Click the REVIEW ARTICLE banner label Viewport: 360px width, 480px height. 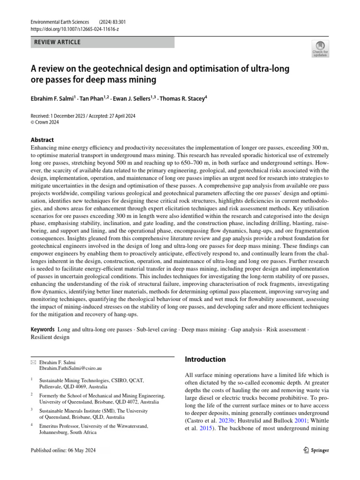click(x=58, y=42)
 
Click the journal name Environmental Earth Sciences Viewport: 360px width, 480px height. click(x=60, y=22)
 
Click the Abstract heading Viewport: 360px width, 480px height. click(x=42, y=140)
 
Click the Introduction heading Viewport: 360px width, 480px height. click(x=205, y=360)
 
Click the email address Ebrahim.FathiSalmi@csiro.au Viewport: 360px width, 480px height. click(x=72, y=369)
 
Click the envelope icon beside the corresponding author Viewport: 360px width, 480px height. click(x=33, y=362)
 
